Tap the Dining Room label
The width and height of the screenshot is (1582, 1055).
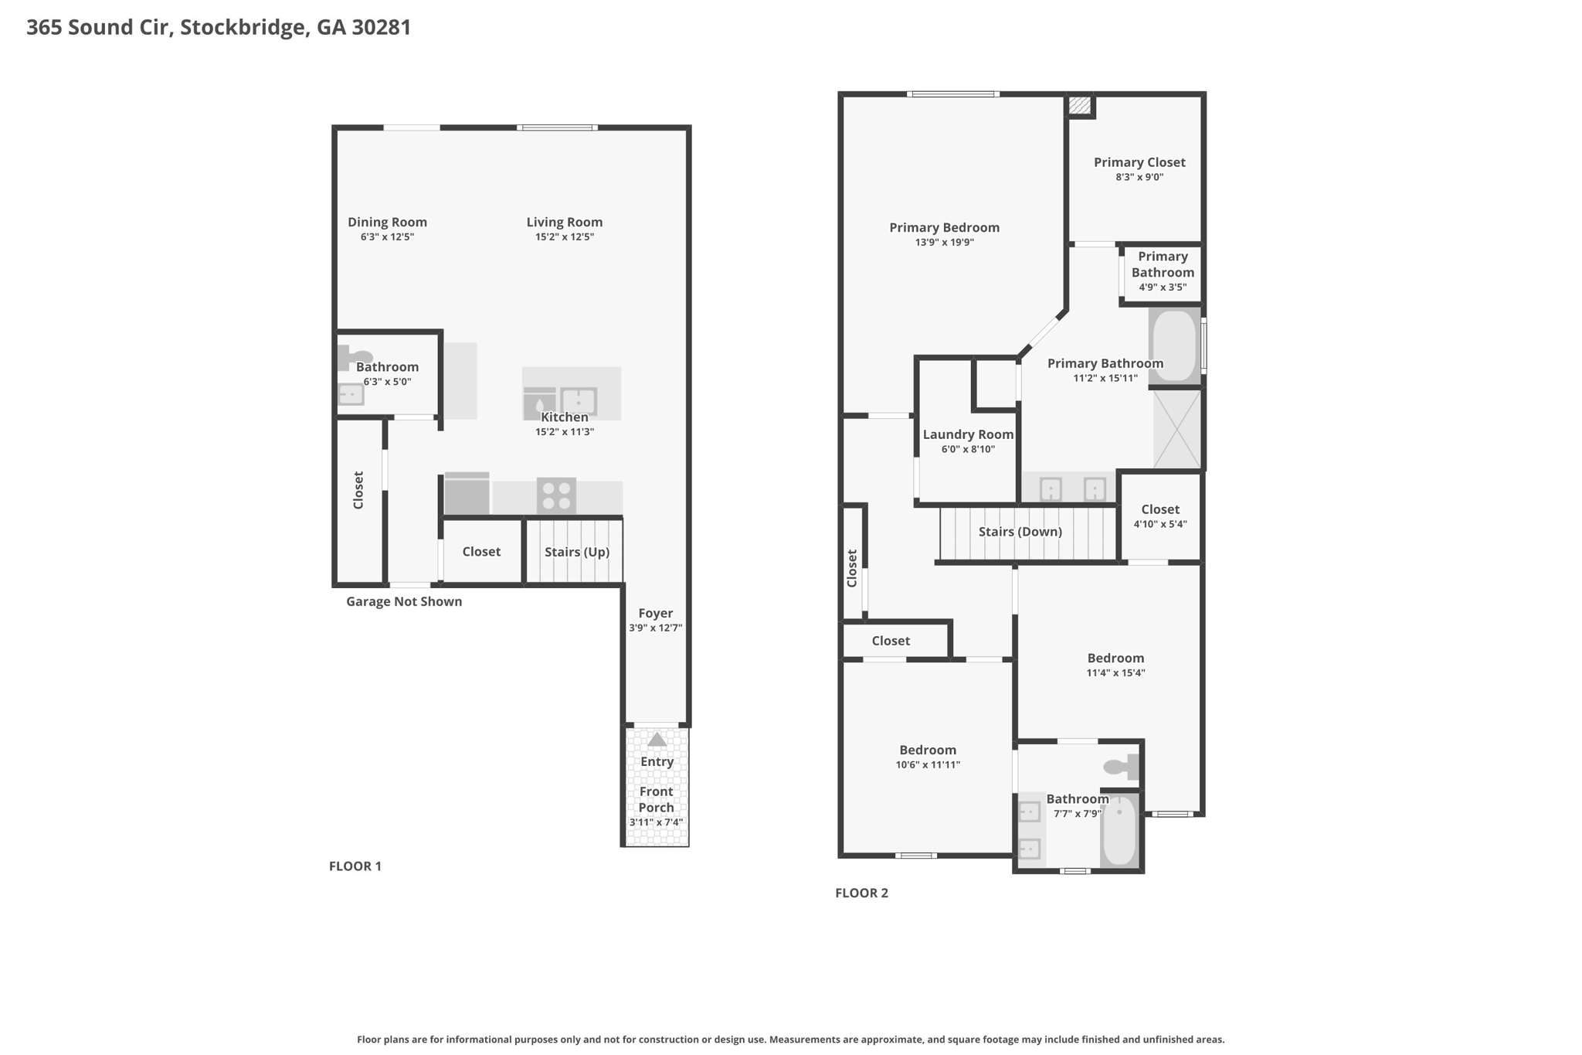[x=387, y=223]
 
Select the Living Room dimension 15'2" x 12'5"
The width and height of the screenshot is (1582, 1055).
[x=565, y=237]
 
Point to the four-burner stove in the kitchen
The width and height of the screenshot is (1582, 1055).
[x=556, y=495]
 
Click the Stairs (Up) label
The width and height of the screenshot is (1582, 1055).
[x=577, y=552]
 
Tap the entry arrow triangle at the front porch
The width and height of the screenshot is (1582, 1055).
[x=657, y=740]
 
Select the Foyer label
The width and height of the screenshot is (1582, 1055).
[x=656, y=613]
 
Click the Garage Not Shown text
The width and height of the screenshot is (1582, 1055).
[x=404, y=601]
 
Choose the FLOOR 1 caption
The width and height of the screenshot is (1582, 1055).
[x=355, y=866]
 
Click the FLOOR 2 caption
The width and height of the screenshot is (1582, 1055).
[x=862, y=893]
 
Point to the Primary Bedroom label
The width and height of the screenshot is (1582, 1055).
[x=944, y=228]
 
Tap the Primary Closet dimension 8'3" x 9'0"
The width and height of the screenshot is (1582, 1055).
[x=1139, y=177]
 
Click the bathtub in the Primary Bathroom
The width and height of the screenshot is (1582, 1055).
[x=1175, y=345]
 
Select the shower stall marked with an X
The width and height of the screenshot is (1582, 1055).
[x=1177, y=429]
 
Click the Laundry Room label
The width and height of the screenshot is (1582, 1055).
[x=968, y=434]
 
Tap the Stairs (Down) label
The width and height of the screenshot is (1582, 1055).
[x=1020, y=532]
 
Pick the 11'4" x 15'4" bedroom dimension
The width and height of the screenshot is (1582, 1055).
[x=1115, y=673]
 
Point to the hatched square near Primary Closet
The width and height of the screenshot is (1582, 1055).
[x=1080, y=105]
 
